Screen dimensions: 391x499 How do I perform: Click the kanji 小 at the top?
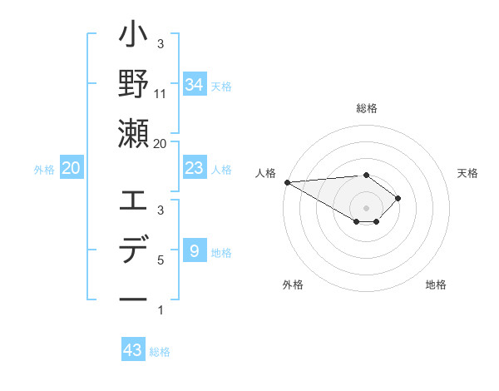[x=133, y=38]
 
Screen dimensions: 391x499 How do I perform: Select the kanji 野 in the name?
[x=133, y=84]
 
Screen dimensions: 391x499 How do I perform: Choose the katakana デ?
[x=133, y=250]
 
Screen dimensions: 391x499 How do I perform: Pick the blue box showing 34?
[x=194, y=85]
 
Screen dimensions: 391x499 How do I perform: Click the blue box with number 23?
[x=194, y=168]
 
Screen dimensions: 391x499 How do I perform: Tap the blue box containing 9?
[x=194, y=250]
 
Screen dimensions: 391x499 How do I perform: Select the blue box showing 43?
[x=133, y=350]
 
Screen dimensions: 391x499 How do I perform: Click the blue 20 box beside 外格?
[x=71, y=168]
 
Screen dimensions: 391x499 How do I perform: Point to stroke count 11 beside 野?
[x=161, y=93]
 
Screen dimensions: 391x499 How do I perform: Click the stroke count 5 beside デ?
[x=161, y=260]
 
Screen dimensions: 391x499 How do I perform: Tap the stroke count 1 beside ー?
[x=161, y=310]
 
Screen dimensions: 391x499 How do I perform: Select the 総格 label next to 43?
[x=160, y=352]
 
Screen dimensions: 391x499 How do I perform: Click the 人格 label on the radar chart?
[x=265, y=172]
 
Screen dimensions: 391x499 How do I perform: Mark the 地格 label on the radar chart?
[x=436, y=285]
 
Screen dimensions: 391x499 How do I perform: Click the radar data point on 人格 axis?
[x=286, y=181]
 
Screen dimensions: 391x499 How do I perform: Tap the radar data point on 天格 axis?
[x=399, y=198]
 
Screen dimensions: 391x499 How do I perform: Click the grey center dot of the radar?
[x=366, y=207]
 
